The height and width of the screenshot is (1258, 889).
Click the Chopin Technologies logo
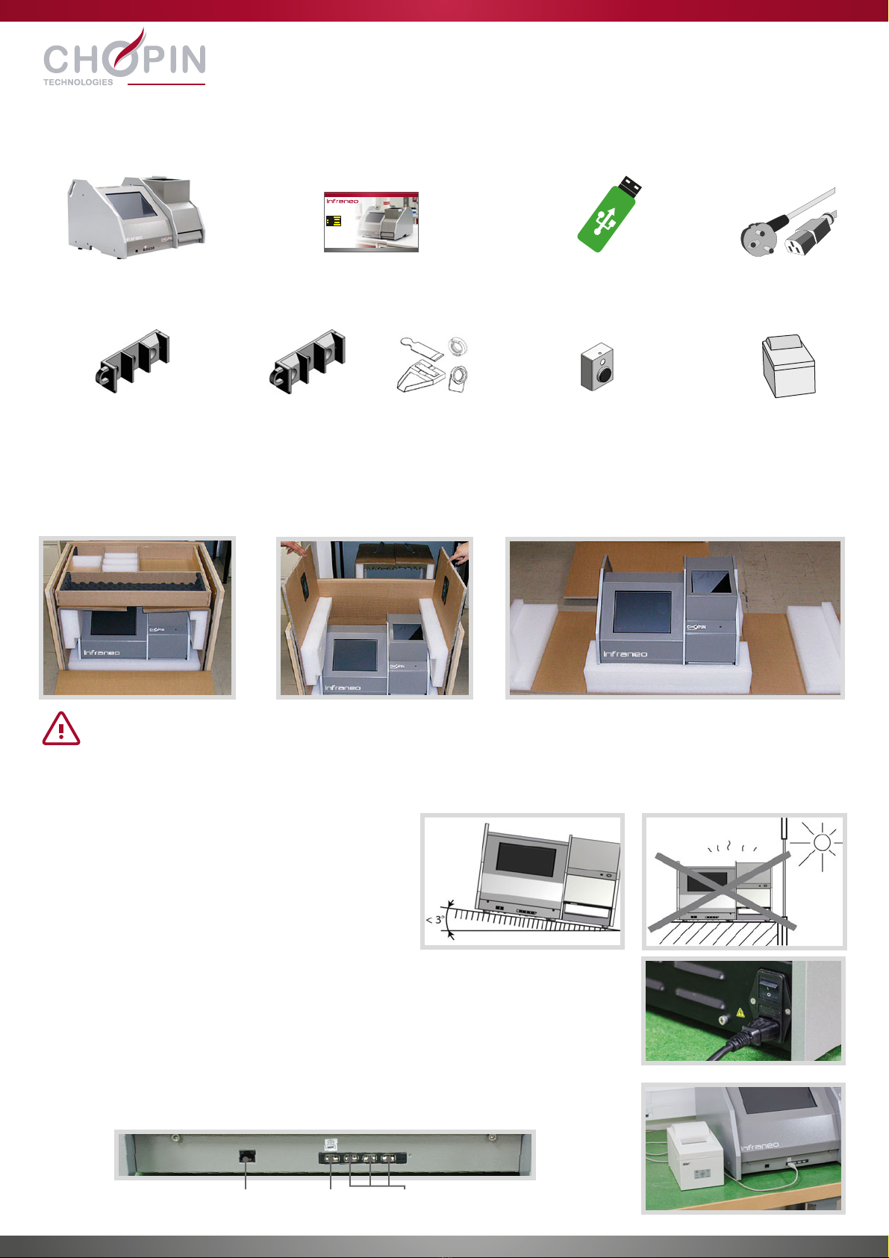pos(125,57)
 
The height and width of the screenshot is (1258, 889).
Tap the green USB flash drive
pos(609,214)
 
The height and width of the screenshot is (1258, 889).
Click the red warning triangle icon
pos(61,729)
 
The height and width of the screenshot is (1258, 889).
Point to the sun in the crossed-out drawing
pos(821,843)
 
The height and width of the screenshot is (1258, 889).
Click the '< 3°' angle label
pos(435,920)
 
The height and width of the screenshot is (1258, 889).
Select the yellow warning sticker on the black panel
pos(740,1012)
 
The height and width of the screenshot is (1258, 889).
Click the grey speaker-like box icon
pos(597,367)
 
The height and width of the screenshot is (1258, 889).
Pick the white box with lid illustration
pos(788,366)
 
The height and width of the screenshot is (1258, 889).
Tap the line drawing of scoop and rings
pos(433,365)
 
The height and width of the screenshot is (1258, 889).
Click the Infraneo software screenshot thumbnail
pos(371,222)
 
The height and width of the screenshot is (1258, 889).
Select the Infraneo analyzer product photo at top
pos(137,217)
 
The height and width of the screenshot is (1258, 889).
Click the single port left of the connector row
pos(247,1156)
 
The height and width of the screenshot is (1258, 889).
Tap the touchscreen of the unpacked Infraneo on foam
pos(643,611)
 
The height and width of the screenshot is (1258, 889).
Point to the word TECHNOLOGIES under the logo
pos(78,82)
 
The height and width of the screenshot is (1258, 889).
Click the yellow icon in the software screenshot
pos(334,221)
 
